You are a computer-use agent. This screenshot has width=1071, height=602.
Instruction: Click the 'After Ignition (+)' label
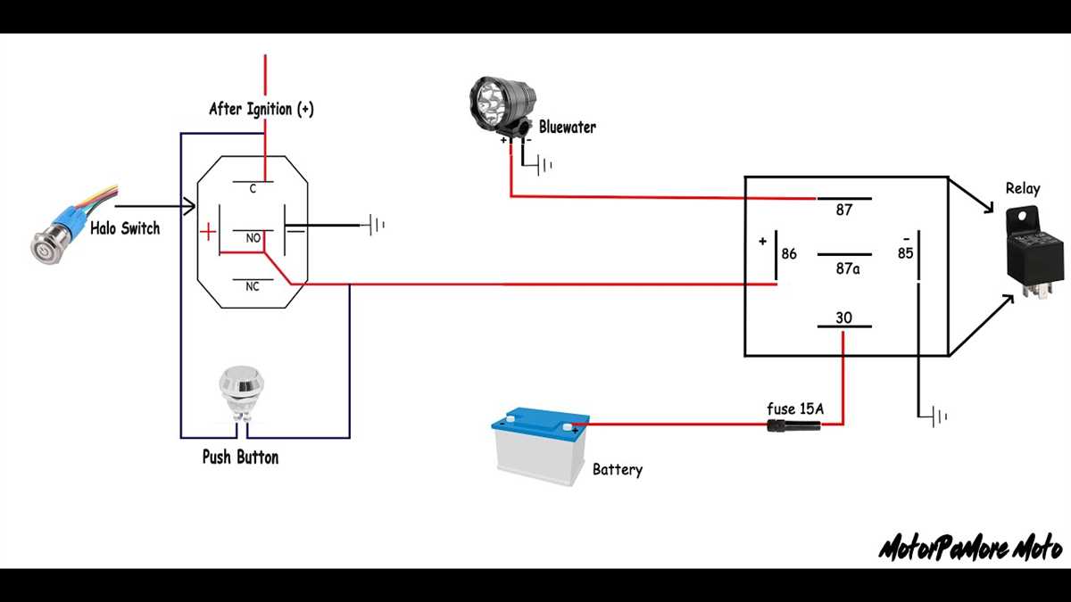click(x=261, y=110)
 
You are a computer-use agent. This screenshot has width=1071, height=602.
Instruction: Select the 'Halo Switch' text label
click(x=125, y=228)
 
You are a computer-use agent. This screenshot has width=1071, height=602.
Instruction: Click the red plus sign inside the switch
click(x=207, y=233)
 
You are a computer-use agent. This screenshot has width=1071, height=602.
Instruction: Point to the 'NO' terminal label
click(x=253, y=239)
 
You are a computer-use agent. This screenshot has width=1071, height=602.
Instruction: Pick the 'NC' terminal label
click(x=253, y=287)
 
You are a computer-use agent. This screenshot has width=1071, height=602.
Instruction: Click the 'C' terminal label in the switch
click(x=253, y=189)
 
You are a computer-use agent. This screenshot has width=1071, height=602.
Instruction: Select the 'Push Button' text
click(x=240, y=458)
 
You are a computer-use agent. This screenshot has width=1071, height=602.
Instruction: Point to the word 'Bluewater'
click(x=567, y=128)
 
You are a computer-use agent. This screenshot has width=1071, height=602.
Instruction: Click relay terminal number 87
click(x=843, y=210)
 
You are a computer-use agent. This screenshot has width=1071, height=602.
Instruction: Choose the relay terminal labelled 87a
click(x=847, y=268)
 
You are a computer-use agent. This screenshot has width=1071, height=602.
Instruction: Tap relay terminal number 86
click(x=789, y=254)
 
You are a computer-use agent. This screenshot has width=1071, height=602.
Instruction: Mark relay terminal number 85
click(x=905, y=254)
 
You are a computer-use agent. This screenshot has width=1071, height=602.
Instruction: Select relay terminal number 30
click(x=843, y=317)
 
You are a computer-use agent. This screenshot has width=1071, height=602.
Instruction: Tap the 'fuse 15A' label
click(x=795, y=408)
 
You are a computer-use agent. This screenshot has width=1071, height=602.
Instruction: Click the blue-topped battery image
click(x=541, y=445)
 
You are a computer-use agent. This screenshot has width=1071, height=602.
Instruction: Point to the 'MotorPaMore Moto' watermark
click(x=970, y=548)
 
